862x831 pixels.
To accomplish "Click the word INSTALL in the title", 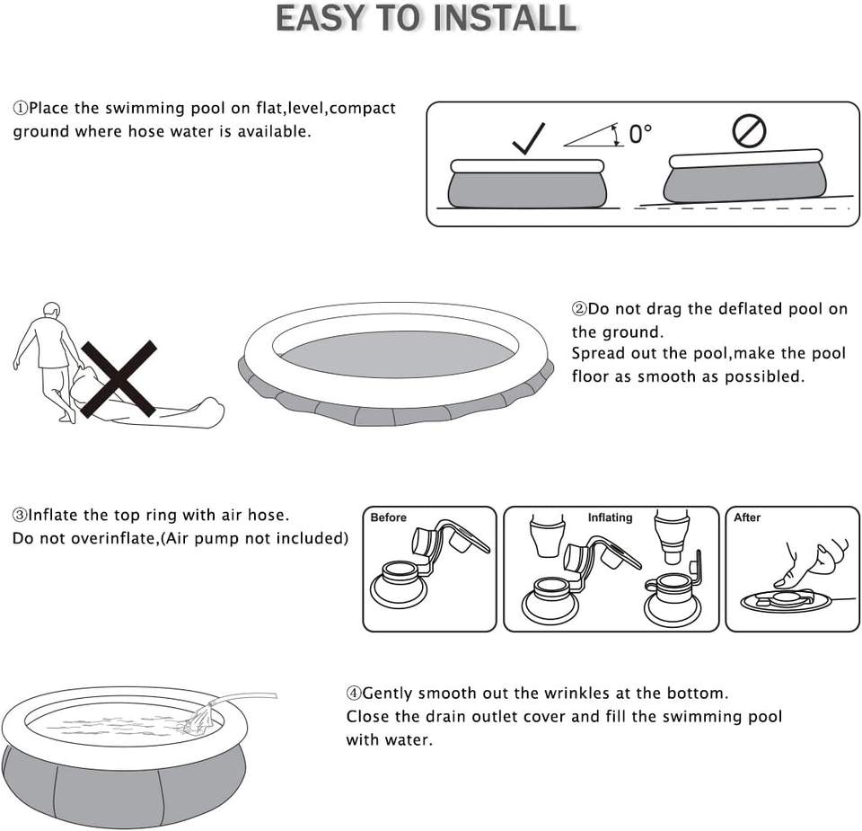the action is point(506,18).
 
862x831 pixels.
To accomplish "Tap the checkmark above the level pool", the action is point(528,138).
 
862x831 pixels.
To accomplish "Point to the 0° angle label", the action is point(640,134).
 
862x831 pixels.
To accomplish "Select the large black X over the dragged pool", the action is point(119,378).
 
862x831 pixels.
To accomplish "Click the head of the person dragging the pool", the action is point(51,310).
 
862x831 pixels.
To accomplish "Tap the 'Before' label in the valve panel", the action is point(388,517).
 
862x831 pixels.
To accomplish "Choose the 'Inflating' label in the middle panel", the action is point(611,517).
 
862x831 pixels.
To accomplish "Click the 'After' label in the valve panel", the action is point(747,517).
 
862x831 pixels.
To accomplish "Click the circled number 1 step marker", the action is point(20,108).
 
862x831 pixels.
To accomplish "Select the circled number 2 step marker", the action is point(579,309).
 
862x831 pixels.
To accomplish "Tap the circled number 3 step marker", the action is point(19,516).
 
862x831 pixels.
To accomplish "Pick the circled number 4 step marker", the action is point(354,693).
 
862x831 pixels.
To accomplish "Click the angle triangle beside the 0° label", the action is point(594,136).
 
